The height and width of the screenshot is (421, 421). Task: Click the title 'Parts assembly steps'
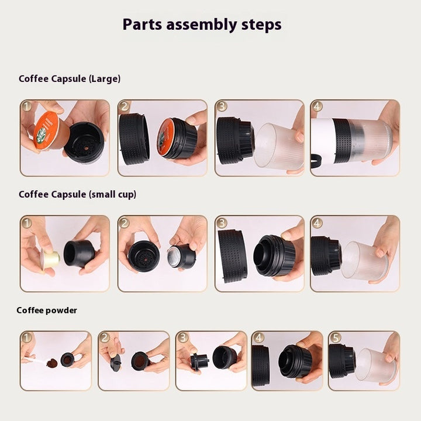[202, 25]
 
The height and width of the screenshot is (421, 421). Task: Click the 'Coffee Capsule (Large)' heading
[70, 78]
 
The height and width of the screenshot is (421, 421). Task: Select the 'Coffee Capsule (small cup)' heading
[77, 194]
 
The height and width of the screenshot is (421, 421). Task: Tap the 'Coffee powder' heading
[47, 310]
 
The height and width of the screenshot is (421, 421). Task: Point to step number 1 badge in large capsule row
[27, 106]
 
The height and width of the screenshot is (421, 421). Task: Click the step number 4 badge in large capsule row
[317, 106]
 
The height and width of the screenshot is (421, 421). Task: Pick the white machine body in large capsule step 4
[323, 140]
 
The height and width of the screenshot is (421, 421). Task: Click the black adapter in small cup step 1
[78, 253]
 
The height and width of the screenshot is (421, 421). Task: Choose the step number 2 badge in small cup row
[124, 223]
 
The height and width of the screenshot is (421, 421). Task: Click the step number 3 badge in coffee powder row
[182, 337]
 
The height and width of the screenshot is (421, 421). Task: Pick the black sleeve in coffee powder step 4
[260, 364]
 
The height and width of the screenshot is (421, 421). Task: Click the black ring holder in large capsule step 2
[134, 139]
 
